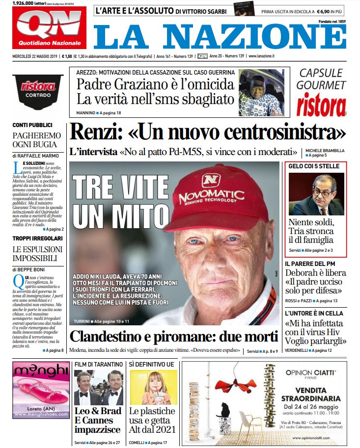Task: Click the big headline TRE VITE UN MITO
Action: click(x=120, y=202)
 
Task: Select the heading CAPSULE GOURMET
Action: click(x=321, y=79)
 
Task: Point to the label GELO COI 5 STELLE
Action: click(x=314, y=166)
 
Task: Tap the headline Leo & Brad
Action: click(x=97, y=411)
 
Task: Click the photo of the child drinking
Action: click(x=153, y=387)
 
